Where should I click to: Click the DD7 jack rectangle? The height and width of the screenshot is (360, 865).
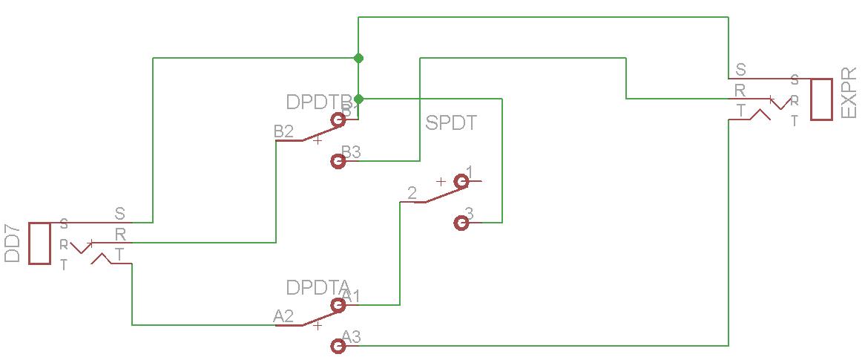[39, 243]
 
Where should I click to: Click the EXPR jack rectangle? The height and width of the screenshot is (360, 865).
[820, 99]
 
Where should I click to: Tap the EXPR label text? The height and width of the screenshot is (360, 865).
[849, 99]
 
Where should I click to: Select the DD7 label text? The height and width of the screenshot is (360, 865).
[13, 244]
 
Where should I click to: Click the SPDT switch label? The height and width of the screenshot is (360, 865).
[451, 122]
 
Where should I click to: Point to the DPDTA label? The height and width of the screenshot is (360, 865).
[318, 287]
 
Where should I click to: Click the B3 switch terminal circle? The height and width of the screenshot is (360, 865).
[339, 160]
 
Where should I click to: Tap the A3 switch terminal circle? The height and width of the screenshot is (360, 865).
[338, 345]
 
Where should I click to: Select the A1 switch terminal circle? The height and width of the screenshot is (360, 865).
[339, 304]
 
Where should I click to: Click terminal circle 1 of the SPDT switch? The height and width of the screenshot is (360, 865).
[461, 180]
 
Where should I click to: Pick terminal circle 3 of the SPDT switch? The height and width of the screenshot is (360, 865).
[461, 222]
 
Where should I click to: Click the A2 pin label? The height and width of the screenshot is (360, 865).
[283, 316]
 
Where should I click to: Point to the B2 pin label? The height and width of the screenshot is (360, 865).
[283, 131]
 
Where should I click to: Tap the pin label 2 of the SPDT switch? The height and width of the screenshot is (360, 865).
[412, 193]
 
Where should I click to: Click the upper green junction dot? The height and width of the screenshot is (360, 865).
[358, 58]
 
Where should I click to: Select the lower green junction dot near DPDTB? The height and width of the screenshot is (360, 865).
[358, 99]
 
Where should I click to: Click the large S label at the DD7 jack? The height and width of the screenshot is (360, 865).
[119, 214]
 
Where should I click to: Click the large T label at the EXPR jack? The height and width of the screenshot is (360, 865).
[740, 110]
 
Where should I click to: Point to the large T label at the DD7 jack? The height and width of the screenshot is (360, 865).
[119, 253]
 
